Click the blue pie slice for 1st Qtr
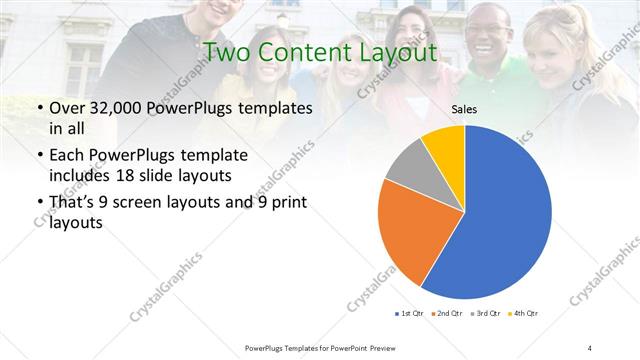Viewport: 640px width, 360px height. coord(500,220)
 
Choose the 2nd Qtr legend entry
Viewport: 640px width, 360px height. coord(446,314)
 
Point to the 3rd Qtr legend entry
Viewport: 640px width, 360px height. coord(485,314)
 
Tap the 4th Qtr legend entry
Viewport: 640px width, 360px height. coord(523,314)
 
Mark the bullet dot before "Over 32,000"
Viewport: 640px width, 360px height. coord(38,109)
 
